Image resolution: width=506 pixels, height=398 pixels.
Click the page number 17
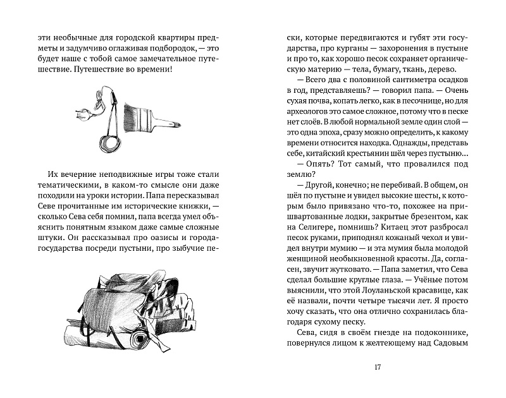point(377,368)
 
